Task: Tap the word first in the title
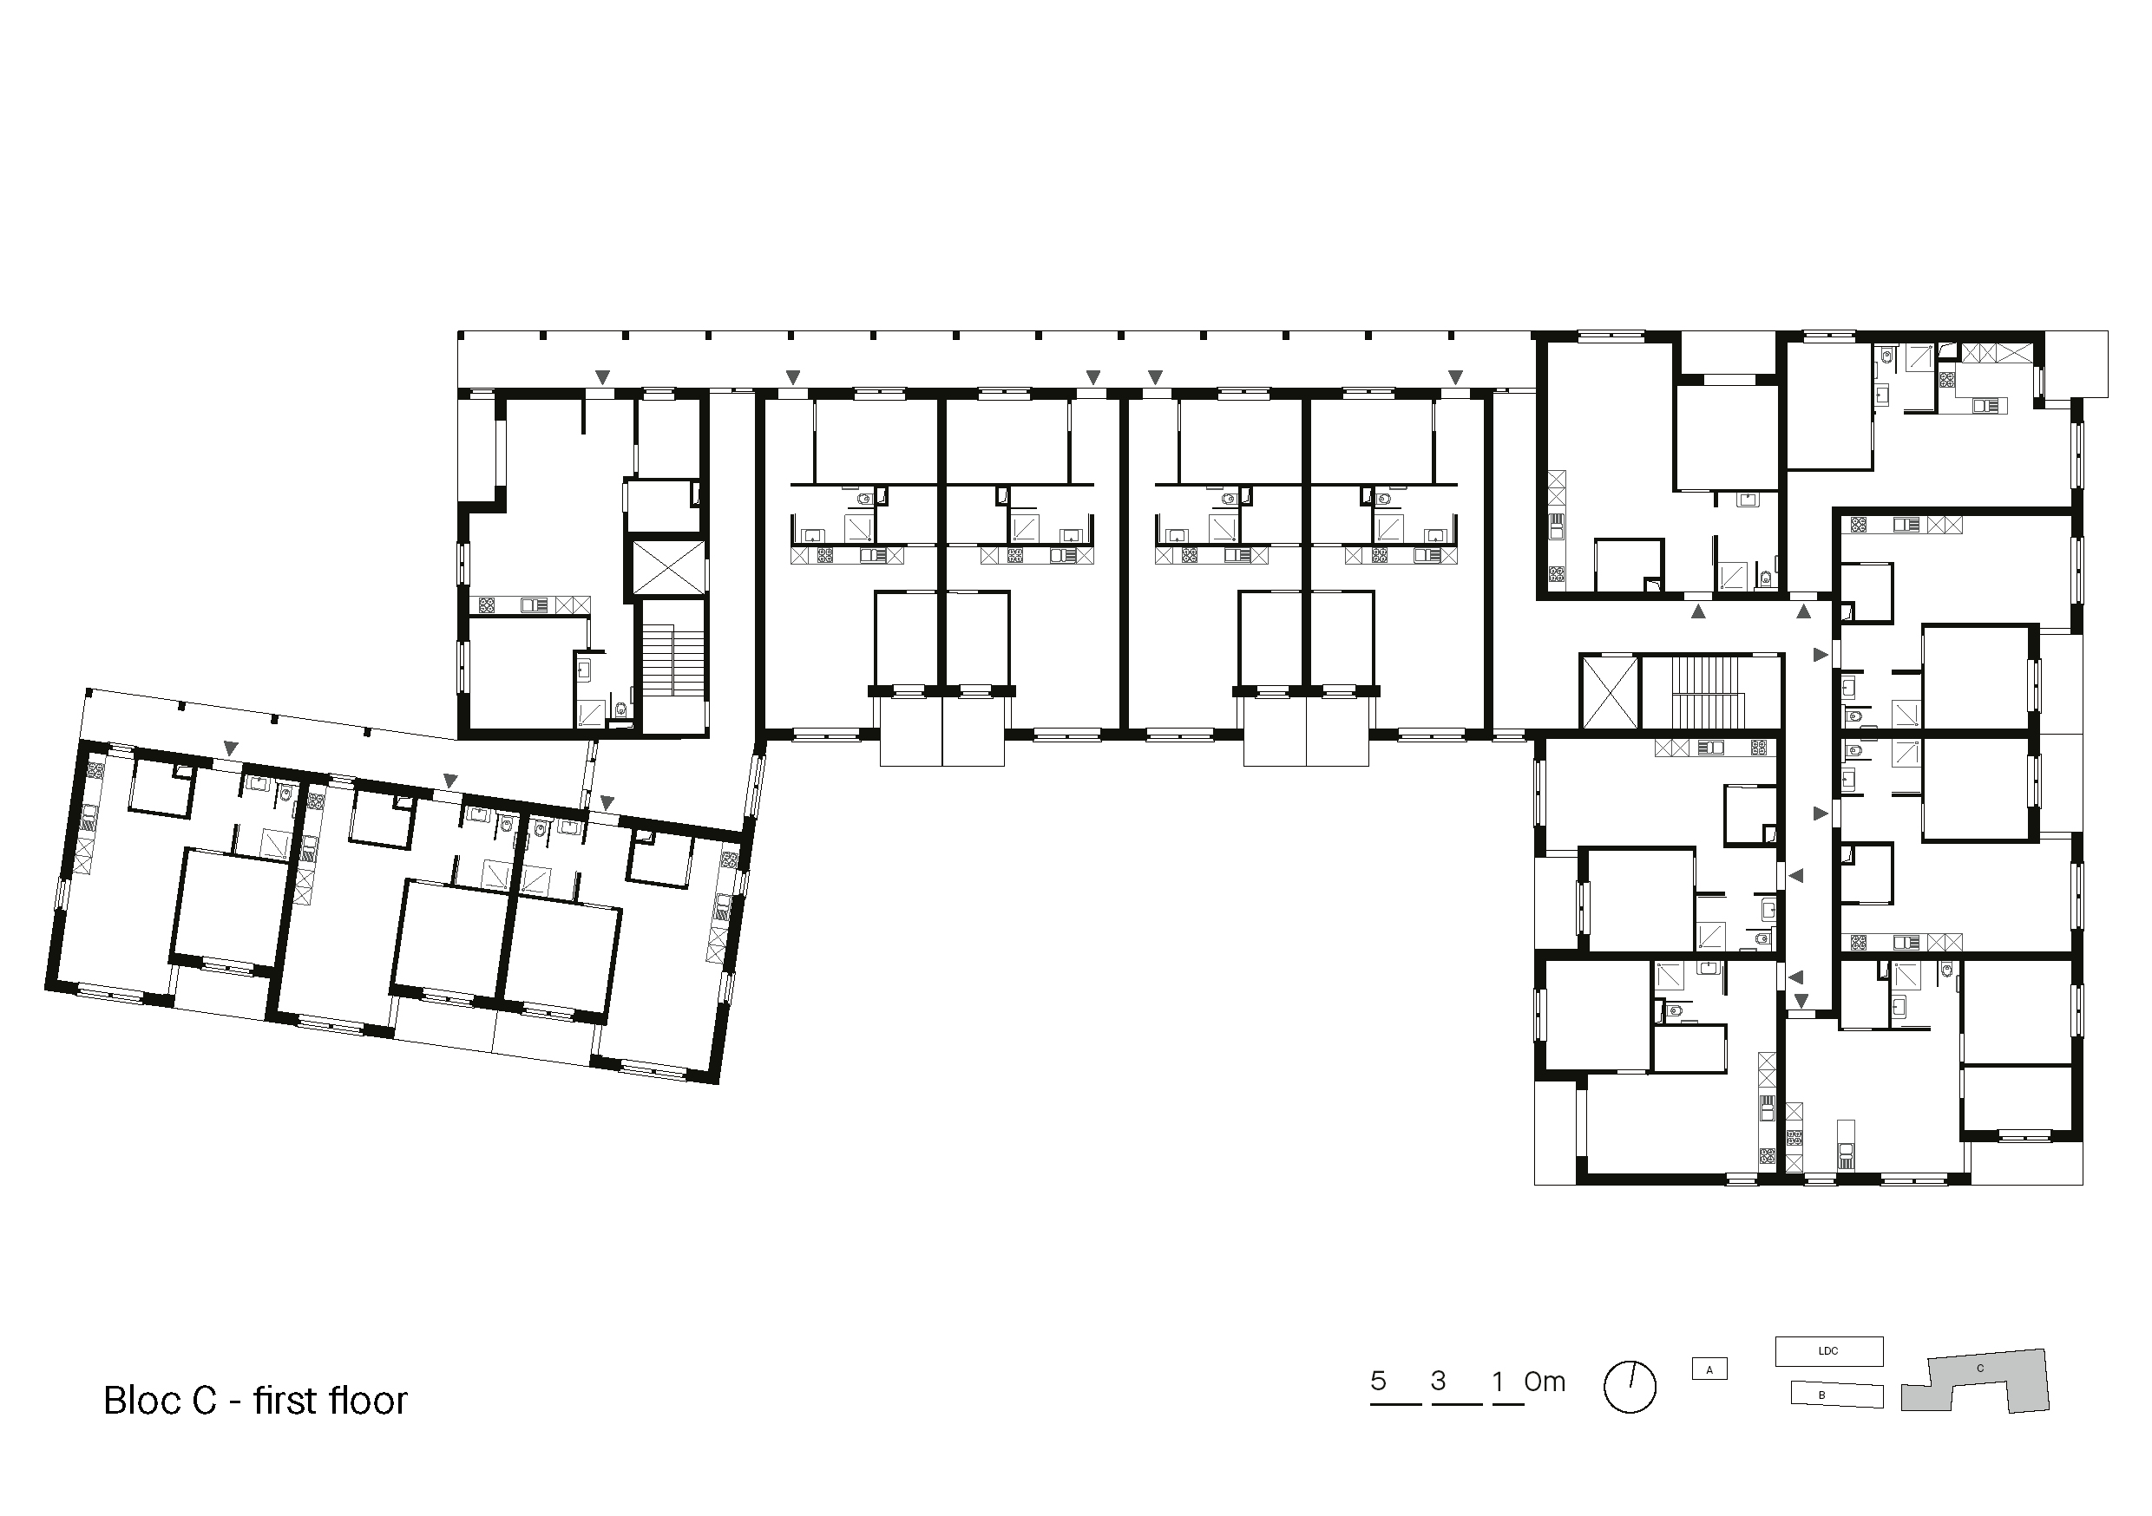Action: tap(285, 1401)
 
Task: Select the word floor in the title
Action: tap(368, 1401)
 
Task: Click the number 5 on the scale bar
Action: tap(1378, 1380)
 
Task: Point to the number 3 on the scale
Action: tap(1439, 1380)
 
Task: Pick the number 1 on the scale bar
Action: tap(1498, 1380)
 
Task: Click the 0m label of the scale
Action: tap(1545, 1381)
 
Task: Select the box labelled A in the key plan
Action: tap(1709, 1369)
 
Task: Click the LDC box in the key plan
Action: tap(1828, 1351)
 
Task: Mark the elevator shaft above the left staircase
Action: tap(669, 567)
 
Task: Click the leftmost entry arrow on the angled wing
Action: tap(231, 748)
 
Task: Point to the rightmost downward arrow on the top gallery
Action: tap(1454, 376)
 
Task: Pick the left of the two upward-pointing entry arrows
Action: tap(1697, 611)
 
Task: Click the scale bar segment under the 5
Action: tap(1395, 1404)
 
